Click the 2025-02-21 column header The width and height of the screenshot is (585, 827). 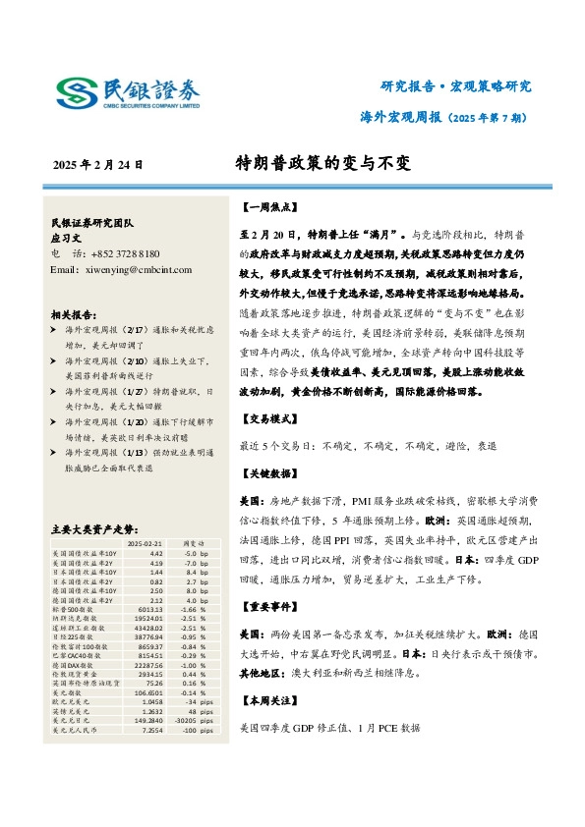tap(146, 542)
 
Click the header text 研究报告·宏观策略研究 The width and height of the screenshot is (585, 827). tap(455, 85)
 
